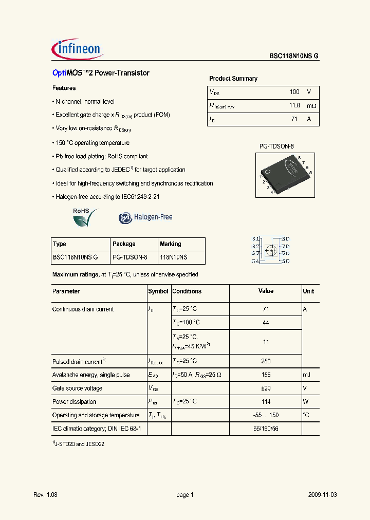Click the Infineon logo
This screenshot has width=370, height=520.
click(x=78, y=50)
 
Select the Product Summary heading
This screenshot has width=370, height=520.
click(x=233, y=79)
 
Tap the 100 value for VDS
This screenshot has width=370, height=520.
click(x=294, y=92)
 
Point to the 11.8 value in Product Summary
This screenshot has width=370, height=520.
click(x=294, y=105)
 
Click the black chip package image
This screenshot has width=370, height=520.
click(x=285, y=175)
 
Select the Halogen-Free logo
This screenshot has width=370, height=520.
click(x=146, y=217)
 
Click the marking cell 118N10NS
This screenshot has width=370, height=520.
click(x=173, y=257)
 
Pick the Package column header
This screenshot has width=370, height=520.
click(x=124, y=244)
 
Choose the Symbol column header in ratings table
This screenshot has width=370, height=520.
click(x=158, y=291)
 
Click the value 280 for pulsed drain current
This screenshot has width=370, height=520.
click(x=266, y=361)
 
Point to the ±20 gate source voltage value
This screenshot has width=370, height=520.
click(x=266, y=388)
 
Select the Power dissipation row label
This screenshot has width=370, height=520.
click(x=74, y=402)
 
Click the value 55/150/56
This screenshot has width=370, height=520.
click(x=266, y=428)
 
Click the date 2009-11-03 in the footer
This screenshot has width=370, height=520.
click(x=323, y=495)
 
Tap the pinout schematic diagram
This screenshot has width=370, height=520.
click(x=271, y=250)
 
